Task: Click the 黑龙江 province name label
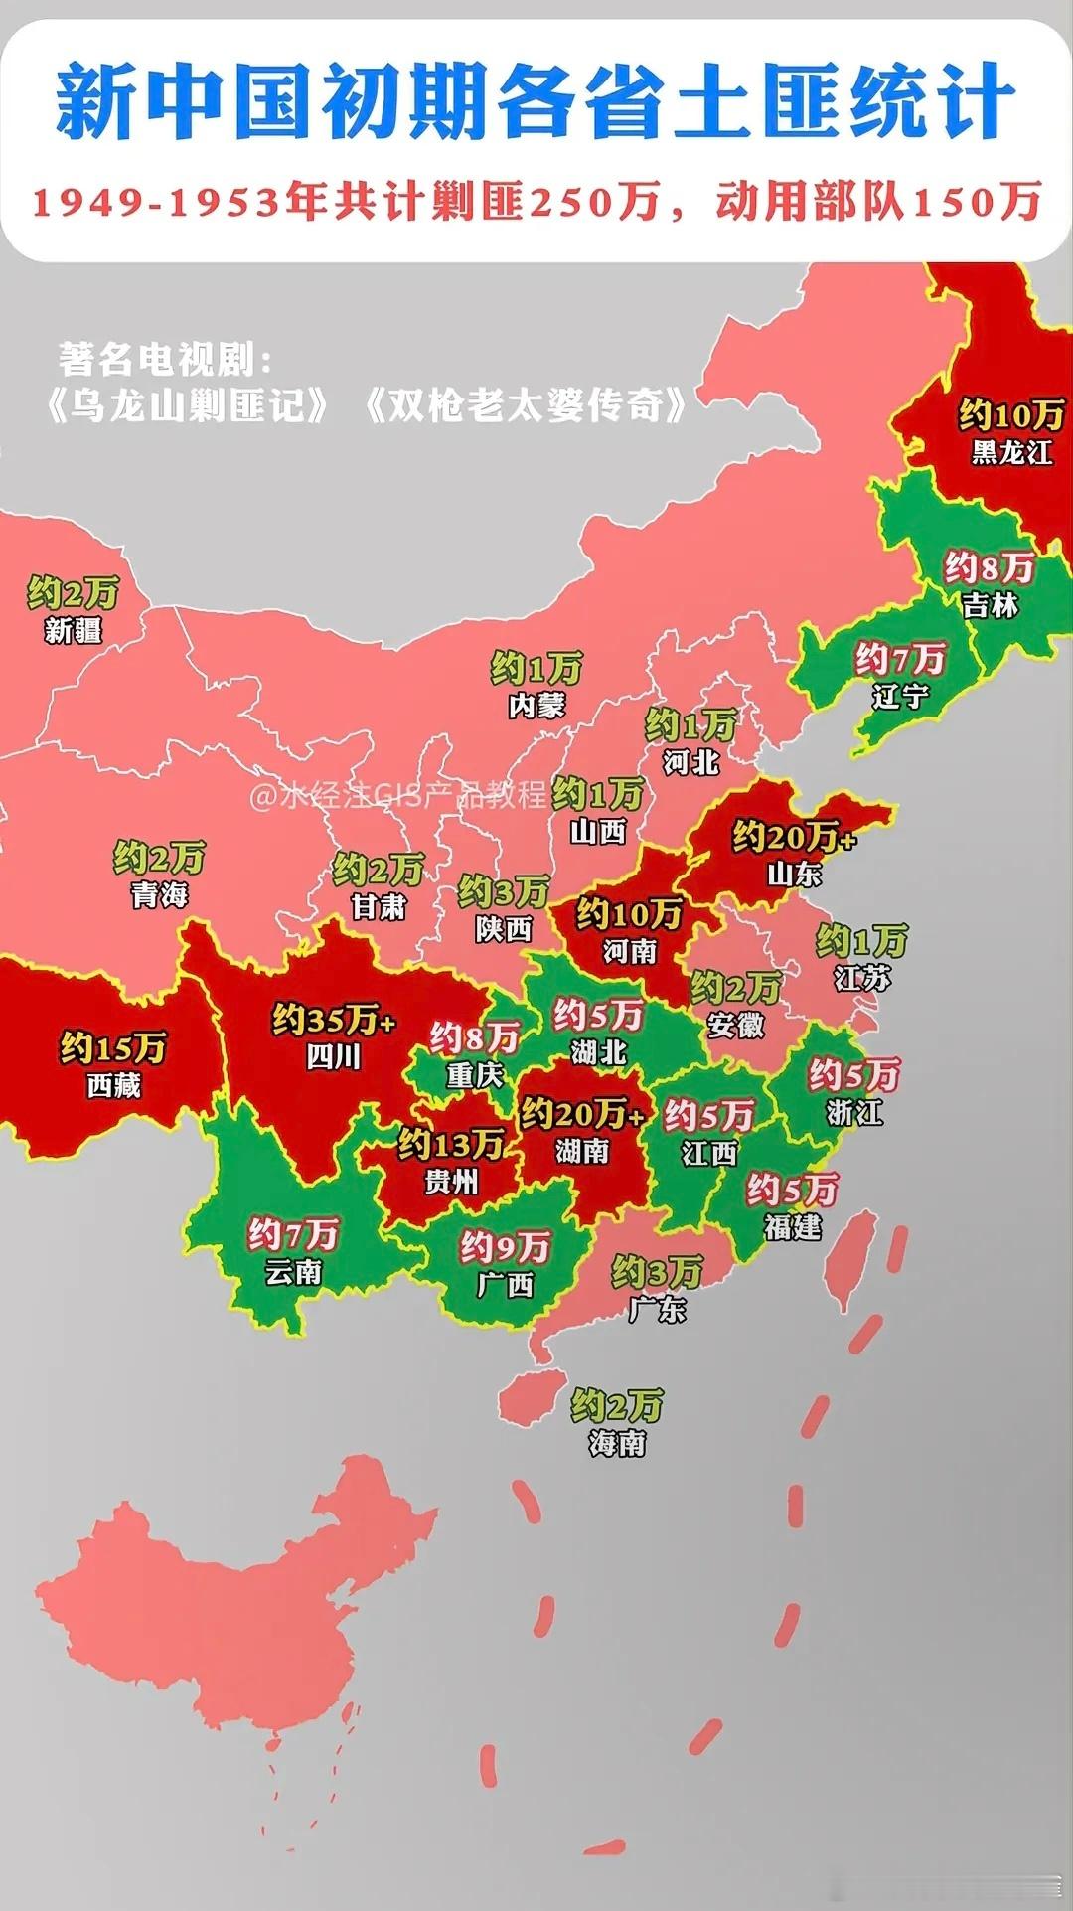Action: pos(1011,453)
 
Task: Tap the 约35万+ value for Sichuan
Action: pos(334,1020)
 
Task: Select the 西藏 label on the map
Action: pos(113,1085)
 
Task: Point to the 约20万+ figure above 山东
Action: pos(794,837)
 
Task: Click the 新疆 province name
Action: pos(74,630)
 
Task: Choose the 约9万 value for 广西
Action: pos(505,1246)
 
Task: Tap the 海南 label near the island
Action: pos(617,1442)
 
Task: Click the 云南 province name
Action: pos(293,1272)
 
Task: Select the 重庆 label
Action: pos(475,1075)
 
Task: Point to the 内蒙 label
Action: pos(536,706)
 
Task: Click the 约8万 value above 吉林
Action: pos(990,567)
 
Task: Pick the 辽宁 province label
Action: pos(900,696)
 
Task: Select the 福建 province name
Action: pos(793,1227)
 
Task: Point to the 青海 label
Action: pos(159,894)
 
